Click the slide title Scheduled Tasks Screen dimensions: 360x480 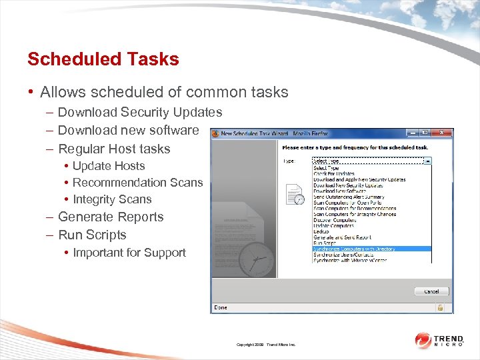point(103,59)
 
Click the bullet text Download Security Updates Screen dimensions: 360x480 point(140,112)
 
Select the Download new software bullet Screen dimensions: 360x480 point(128,130)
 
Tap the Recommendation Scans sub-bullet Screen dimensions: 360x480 point(137,183)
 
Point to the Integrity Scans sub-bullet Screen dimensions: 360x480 point(112,199)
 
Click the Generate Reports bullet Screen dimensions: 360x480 point(111,217)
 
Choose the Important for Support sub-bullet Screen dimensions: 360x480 point(129,253)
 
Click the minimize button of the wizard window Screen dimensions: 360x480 point(413,133)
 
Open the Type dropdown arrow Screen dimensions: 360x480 point(427,161)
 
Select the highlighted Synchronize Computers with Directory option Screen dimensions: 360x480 point(354,249)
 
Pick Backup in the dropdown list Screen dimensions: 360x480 point(321,231)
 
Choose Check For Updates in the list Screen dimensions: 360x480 point(334,174)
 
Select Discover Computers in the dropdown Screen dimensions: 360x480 point(335,220)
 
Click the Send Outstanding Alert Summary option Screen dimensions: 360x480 point(349,197)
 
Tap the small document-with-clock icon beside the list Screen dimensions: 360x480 point(295,194)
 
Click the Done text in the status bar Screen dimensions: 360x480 point(219,307)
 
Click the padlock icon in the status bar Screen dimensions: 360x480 point(440,307)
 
